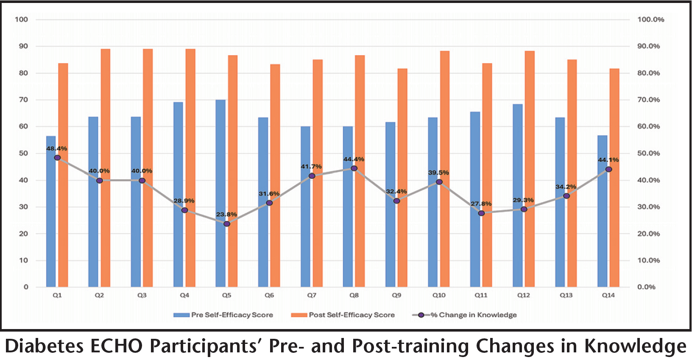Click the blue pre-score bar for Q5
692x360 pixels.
(x=220, y=193)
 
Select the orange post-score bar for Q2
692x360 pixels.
(x=106, y=168)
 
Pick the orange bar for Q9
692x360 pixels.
(x=402, y=178)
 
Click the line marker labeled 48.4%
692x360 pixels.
(x=57, y=158)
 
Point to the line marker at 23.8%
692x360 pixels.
(x=227, y=223)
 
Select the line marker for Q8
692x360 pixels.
(x=354, y=168)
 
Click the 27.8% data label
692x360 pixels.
(x=481, y=204)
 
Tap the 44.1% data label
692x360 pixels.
(x=608, y=160)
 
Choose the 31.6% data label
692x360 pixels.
(x=269, y=194)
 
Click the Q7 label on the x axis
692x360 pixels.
(x=312, y=295)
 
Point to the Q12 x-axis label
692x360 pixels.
(x=523, y=295)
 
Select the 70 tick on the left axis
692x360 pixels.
(x=23, y=100)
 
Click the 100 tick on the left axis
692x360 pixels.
(x=22, y=20)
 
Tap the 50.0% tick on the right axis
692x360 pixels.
(x=648, y=153)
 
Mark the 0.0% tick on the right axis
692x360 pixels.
(x=646, y=287)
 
